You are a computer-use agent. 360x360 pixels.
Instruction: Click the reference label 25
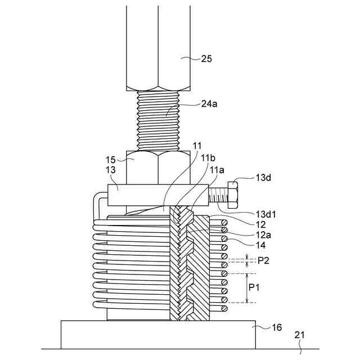(x=206, y=58)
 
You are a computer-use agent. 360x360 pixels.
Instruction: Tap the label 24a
(x=209, y=104)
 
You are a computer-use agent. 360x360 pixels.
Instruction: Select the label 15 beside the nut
(x=110, y=160)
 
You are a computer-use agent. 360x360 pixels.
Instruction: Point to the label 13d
(x=263, y=178)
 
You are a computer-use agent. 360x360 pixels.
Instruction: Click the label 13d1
(x=266, y=214)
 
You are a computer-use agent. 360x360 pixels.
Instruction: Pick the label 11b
(x=208, y=158)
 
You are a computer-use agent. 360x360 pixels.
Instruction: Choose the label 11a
(x=217, y=170)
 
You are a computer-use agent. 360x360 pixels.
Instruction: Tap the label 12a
(x=263, y=235)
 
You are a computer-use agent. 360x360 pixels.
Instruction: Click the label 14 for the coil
(x=260, y=245)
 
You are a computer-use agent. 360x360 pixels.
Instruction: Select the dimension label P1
(x=254, y=287)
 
